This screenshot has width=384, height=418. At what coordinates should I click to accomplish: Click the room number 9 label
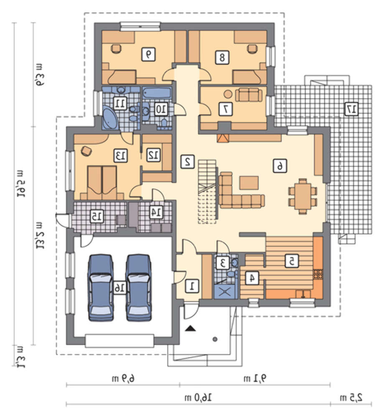pyautogui.click(x=148, y=54)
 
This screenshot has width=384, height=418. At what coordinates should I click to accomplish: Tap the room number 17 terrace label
pyautogui.click(x=351, y=109)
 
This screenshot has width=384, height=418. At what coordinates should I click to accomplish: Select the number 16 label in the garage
pyautogui.click(x=120, y=288)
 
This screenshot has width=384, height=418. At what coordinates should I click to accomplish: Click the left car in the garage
pyautogui.click(x=101, y=288)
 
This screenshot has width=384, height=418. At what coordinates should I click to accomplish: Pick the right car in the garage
pyautogui.click(x=139, y=288)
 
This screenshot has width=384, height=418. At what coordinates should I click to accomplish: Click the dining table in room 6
pyautogui.click(x=303, y=196)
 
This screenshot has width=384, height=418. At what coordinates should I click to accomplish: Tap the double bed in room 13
pyautogui.click(x=102, y=183)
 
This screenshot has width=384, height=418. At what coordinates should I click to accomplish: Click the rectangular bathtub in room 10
pyautogui.click(x=157, y=92)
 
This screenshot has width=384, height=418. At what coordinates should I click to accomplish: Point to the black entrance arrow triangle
pyautogui.click(x=191, y=328)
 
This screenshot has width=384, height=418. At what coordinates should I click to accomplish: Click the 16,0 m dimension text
pyautogui.click(x=198, y=398)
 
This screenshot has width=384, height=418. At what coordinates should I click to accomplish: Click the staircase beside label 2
pyautogui.click(x=207, y=191)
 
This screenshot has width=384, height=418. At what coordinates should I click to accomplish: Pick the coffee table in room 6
pyautogui.click(x=249, y=183)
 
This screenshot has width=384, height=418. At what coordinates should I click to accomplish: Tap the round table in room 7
pyautogui.click(x=228, y=94)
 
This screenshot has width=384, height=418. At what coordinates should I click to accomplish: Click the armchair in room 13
pyautogui.click(x=86, y=150)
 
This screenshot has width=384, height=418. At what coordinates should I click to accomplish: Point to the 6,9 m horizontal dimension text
pyautogui.click(x=123, y=378)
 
